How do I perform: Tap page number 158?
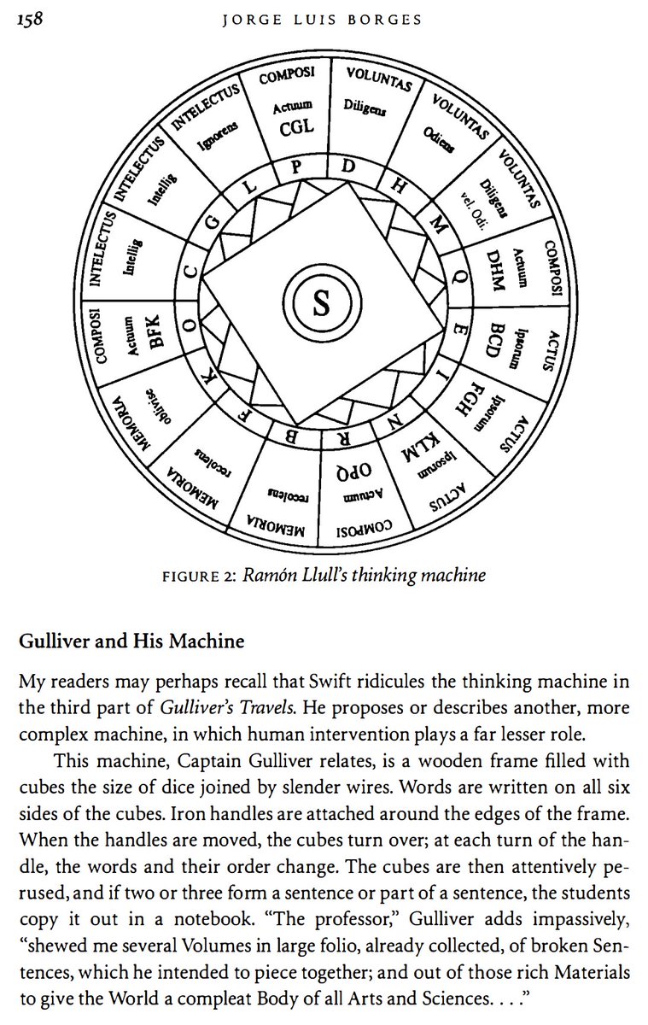pyautogui.click(x=32, y=20)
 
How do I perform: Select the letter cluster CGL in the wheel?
pyautogui.click(x=296, y=127)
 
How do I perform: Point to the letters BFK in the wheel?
pyautogui.click(x=155, y=331)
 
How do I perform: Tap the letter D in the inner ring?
pyautogui.click(x=348, y=167)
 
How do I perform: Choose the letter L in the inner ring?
pyautogui.click(x=248, y=186)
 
